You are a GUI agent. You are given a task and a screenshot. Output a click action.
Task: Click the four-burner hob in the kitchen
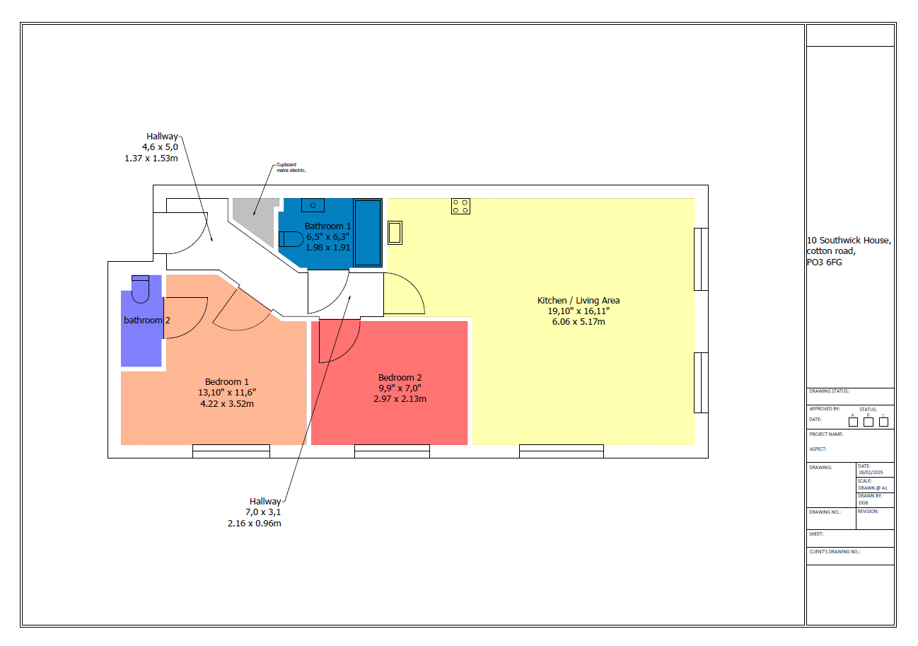[460, 206]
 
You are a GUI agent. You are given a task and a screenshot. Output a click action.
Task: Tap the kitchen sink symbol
[395, 233]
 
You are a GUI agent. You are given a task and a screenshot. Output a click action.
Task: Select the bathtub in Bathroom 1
[368, 232]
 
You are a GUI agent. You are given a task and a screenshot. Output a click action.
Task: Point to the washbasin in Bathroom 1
[313, 205]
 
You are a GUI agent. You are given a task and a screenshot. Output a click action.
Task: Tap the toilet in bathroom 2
[141, 286]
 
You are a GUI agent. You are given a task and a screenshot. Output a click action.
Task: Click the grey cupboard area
[251, 212]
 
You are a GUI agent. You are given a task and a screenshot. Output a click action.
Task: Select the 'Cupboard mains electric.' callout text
[291, 168]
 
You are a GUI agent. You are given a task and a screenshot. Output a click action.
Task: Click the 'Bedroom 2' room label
[400, 377]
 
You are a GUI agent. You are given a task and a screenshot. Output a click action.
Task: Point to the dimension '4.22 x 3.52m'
[226, 404]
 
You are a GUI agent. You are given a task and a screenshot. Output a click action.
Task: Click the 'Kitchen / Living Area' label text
[579, 301]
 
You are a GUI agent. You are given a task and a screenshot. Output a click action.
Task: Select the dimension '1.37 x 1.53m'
[151, 158]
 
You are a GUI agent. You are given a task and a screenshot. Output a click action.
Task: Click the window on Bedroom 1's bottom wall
[231, 451]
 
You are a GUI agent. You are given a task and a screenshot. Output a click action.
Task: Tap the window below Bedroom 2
[392, 451]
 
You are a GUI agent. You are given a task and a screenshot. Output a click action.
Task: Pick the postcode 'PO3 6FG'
[825, 263]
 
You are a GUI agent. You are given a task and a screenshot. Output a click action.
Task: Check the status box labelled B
[868, 422]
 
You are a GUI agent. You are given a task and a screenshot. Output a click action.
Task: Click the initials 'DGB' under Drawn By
[864, 502]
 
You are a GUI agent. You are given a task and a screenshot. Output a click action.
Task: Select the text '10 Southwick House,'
[849, 241]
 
